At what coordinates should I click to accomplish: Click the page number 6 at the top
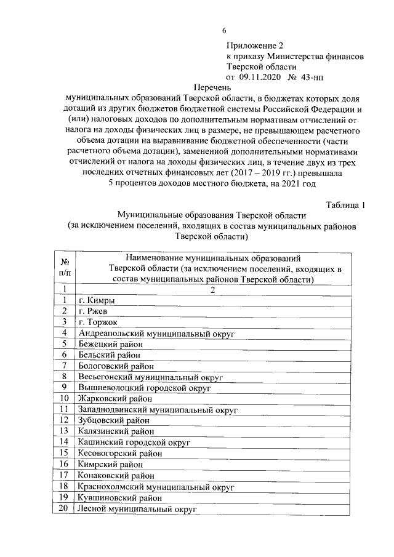click(225, 31)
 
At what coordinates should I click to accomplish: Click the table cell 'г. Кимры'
click(97, 300)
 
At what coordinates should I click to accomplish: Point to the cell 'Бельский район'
click(109, 355)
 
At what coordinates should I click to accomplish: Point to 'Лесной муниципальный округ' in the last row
click(137, 509)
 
